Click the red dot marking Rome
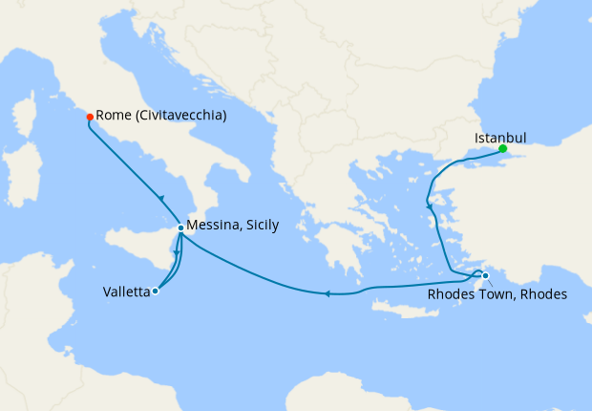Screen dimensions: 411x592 pos(90,117)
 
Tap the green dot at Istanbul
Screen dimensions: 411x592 pos(502,148)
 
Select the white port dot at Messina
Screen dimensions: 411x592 pos(180,227)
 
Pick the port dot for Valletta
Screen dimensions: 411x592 pos(156,292)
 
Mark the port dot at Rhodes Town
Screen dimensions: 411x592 pos(485,276)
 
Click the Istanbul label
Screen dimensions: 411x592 pos(500,138)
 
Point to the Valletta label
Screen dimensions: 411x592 pos(126,292)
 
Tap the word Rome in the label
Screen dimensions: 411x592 pos(114,116)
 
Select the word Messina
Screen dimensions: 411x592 pos(214,226)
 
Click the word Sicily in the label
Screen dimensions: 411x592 pos(262,226)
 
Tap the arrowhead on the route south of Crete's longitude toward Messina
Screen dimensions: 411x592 pos(328,293)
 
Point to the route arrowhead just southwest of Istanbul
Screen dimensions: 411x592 pos(431,205)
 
